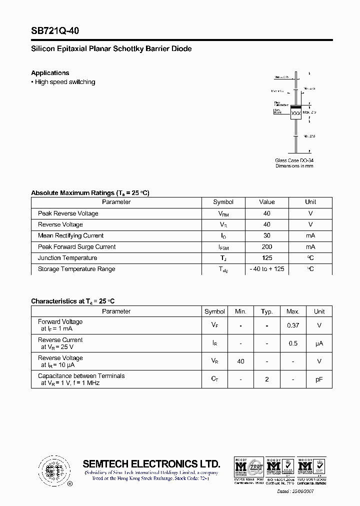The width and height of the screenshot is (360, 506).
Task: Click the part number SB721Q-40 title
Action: pyautogui.click(x=55, y=31)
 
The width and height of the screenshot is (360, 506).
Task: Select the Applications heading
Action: pyautogui.click(x=50, y=73)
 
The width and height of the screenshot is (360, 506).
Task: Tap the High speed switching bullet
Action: pyautogui.click(x=64, y=82)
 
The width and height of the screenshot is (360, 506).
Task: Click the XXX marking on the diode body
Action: pyautogui.click(x=296, y=113)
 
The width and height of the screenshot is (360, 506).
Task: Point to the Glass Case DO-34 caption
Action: pyautogui.click(x=294, y=160)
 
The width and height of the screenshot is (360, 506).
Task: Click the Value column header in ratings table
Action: pyautogui.click(x=266, y=202)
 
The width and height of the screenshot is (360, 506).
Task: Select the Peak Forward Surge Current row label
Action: pyautogui.click(x=76, y=247)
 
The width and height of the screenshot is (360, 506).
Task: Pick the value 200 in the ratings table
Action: pyautogui.click(x=266, y=247)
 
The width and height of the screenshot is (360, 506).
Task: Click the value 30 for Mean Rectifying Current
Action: pyautogui.click(x=266, y=235)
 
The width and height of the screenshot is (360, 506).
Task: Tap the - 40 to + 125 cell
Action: pyautogui.click(x=266, y=269)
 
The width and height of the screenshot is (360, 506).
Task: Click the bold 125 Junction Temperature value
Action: pyautogui.click(x=266, y=258)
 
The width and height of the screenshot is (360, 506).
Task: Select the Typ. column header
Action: pyautogui.click(x=266, y=311)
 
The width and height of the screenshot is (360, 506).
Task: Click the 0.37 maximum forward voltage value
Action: pyautogui.click(x=292, y=325)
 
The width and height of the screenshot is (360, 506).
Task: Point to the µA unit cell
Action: pyautogui.click(x=319, y=343)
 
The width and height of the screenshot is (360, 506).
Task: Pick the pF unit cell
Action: pyautogui.click(x=319, y=379)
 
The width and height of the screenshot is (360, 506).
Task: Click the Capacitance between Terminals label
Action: pyautogui.click(x=81, y=376)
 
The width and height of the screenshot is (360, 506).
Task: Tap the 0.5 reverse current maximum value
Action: pyautogui.click(x=292, y=343)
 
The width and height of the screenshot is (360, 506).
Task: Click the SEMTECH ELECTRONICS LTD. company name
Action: pyautogui.click(x=151, y=463)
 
